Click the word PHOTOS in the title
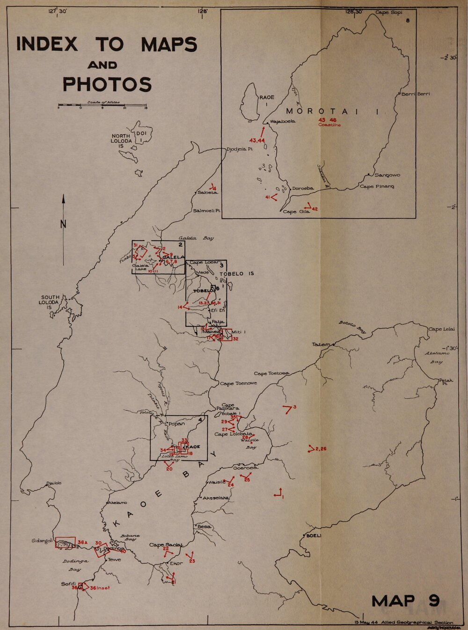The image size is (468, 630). pos(107,85)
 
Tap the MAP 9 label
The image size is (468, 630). pos(405,601)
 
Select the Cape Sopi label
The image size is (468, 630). pos(388,13)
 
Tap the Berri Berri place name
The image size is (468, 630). pos(416,94)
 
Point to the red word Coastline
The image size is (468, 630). pos(329,125)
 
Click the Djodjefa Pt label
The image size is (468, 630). pos(240,149)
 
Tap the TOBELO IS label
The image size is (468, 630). pos(237,273)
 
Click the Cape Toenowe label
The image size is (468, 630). pos(238,383)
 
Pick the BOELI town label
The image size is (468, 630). pos(314,535)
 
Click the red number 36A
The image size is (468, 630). pos(82,542)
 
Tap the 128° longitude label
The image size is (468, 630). pos(202,11)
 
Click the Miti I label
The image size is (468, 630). pos(239,332)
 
